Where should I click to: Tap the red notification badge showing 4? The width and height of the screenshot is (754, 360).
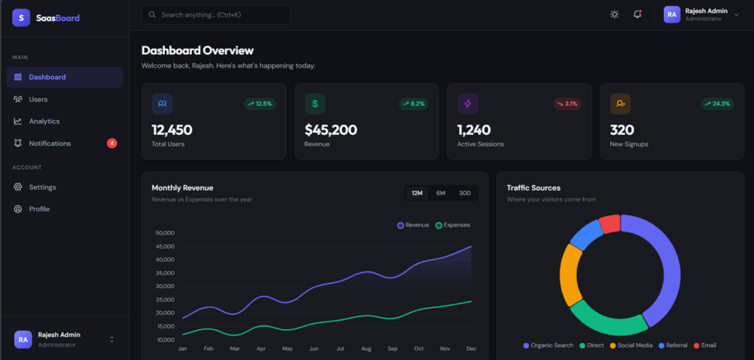112,143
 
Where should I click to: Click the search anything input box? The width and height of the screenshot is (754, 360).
216,15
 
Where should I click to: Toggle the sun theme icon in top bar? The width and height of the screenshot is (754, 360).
614,14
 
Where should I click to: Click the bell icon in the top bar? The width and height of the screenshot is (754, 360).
638,14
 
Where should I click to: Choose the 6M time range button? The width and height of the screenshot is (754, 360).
440,193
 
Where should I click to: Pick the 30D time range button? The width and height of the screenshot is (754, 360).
464,193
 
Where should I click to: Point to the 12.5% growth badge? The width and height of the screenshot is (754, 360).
260,103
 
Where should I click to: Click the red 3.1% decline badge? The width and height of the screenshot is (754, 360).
567,103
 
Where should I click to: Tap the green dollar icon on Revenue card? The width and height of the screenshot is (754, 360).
315,103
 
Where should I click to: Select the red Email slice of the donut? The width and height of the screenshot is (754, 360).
610,224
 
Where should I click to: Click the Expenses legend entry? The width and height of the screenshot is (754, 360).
453,225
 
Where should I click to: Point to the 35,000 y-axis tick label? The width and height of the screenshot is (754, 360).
165,273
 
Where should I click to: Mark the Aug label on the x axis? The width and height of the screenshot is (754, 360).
366,349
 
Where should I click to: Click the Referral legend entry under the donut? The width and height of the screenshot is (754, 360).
673,346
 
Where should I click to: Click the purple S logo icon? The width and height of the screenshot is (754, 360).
21,18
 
